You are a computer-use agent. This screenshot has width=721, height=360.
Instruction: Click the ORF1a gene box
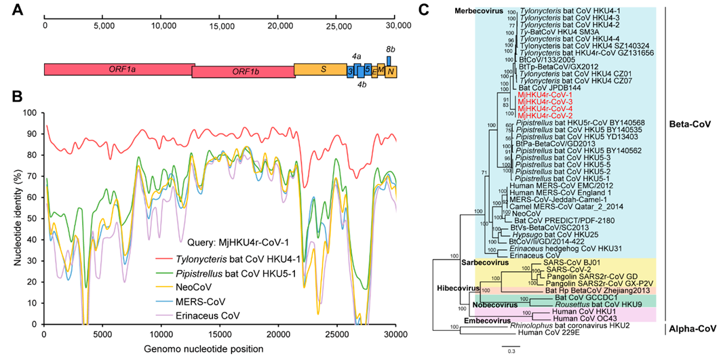click(x=119, y=69)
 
